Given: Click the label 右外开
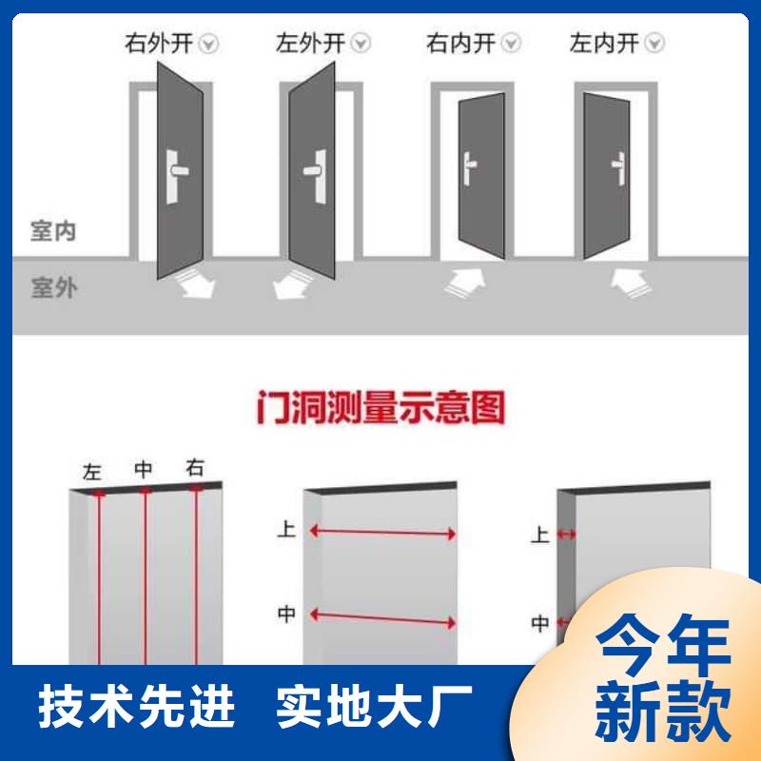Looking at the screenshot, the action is point(159,43).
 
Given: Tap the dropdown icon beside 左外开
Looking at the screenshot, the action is point(361,43).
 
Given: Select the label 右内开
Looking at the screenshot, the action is point(460,43).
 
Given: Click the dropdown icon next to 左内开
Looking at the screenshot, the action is point(654,43).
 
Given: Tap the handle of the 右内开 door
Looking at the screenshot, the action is point(469,168).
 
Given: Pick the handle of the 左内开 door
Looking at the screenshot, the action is point(619,168).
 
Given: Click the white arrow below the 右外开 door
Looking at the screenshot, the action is point(195,284).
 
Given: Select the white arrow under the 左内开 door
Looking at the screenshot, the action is point(632,283).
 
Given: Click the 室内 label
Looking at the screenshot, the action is point(53,230).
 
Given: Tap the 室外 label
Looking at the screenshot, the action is point(53,287).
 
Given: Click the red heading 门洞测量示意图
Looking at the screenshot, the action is point(381,407).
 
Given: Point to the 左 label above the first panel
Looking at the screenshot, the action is point(92,472).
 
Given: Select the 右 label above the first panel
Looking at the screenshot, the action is point(195,468).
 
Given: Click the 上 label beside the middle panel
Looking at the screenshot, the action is point(286,529).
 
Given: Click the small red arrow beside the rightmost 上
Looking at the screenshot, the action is point(566,535).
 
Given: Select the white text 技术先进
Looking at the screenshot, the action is point(136,706).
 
